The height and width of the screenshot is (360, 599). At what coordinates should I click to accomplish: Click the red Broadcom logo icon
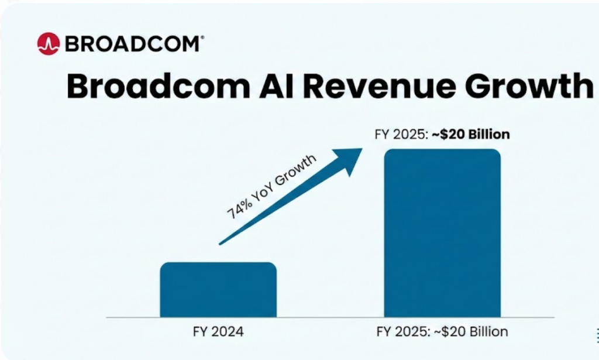pos(49,43)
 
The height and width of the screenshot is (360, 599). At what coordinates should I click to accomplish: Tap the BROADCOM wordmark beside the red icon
pos(131,44)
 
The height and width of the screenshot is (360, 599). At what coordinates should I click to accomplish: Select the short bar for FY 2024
pos(218,289)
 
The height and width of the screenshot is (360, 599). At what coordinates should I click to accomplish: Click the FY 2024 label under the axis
pos(218,332)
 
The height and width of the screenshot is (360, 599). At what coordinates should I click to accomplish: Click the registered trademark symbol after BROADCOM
pos(202,37)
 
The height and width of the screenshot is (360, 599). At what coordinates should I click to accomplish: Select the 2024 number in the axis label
pos(228,332)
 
